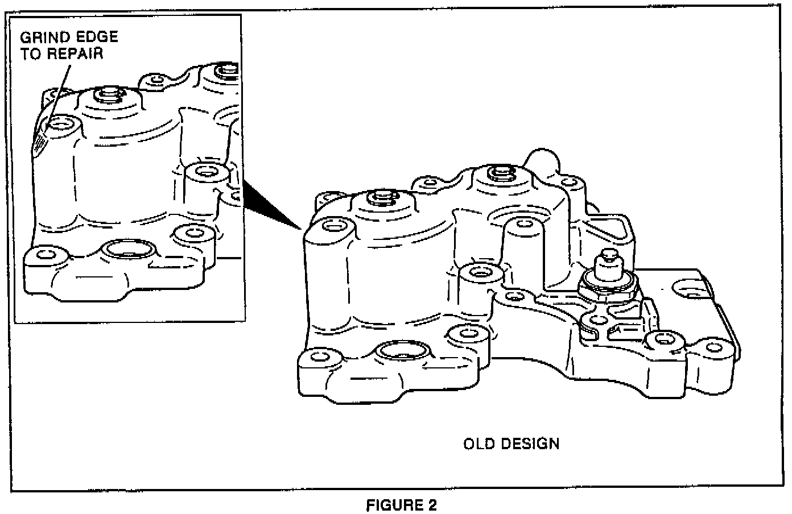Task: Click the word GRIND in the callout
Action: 44,38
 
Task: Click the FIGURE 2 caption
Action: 402,505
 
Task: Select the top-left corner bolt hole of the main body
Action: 332,226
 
